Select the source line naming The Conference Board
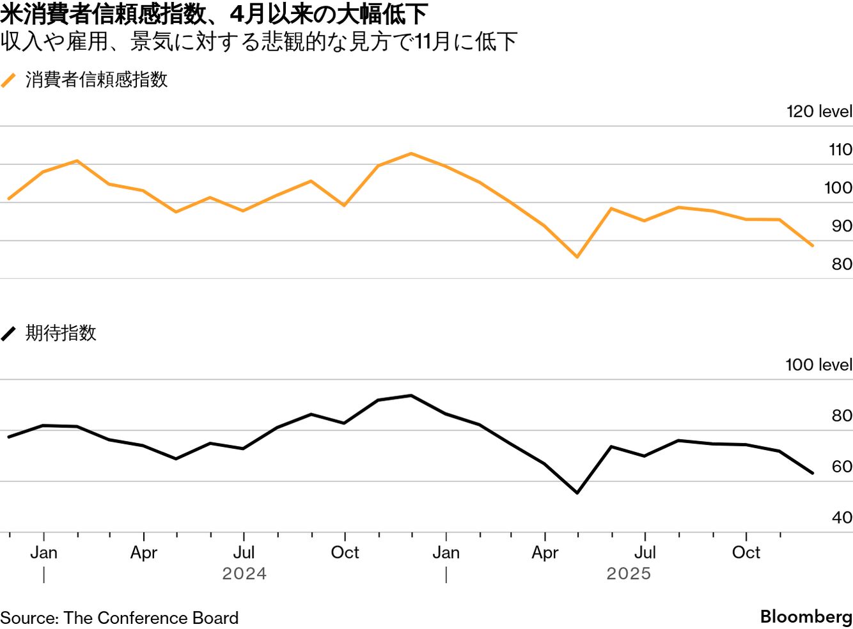click(120, 617)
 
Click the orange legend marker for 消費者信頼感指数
click(8, 81)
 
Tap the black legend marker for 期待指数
click(8, 334)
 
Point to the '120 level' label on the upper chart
click(818, 111)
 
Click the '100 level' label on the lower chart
click(818, 364)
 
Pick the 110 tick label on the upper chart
click(840, 150)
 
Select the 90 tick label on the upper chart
click(841, 226)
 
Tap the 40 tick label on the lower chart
click(841, 517)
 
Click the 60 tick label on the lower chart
click(841, 467)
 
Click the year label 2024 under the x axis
click(244, 573)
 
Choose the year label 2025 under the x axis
click(629, 573)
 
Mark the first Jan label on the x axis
click(43, 552)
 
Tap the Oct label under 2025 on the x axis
click(746, 552)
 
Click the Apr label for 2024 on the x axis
click(144, 552)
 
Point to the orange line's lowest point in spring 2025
click(577, 257)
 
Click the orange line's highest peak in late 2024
click(411, 153)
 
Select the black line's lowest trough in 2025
click(577, 493)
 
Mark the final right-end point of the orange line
click(813, 245)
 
